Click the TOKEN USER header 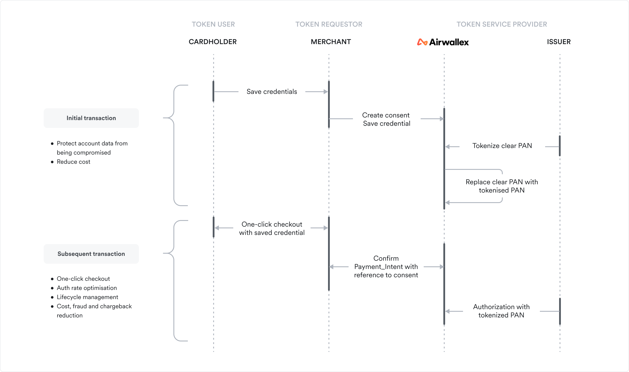pos(213,24)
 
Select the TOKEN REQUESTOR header pos(329,24)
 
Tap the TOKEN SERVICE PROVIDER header pos(502,24)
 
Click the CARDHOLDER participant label pos(213,42)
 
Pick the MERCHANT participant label pos(331,42)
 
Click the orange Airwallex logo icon pos(422,42)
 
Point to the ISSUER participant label pos(558,42)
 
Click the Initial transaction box pos(91,118)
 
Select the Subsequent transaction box pos(91,254)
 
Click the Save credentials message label pos(272,92)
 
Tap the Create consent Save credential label pos(386,119)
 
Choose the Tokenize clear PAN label pos(502,146)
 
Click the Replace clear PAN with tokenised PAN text pos(502,186)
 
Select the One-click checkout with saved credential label pos(272,228)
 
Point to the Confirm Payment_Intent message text pos(386,267)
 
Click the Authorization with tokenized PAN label pos(501,311)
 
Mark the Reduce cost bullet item pos(73,162)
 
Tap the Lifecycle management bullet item pos(87,297)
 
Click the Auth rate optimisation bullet pos(87,288)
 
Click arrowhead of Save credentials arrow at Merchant pos(326,92)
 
